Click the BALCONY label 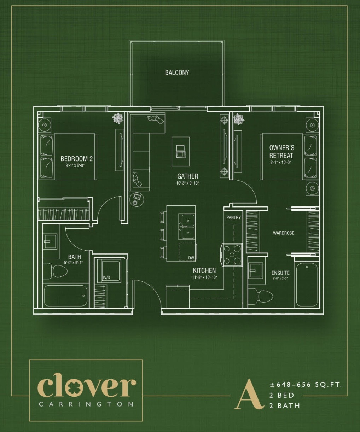tap(177, 72)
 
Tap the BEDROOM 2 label tap(77, 159)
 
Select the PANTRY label tap(233, 217)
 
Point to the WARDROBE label tap(283, 233)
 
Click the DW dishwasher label tap(191, 258)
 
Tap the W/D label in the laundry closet tap(106, 278)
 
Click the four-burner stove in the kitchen tap(232, 255)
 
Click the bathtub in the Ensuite tap(307, 285)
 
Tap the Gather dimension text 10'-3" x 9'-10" tap(187, 183)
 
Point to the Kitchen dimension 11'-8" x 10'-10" tap(204, 277)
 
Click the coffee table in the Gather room tap(180, 151)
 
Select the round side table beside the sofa tap(137, 199)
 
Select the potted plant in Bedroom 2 tap(118, 118)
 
